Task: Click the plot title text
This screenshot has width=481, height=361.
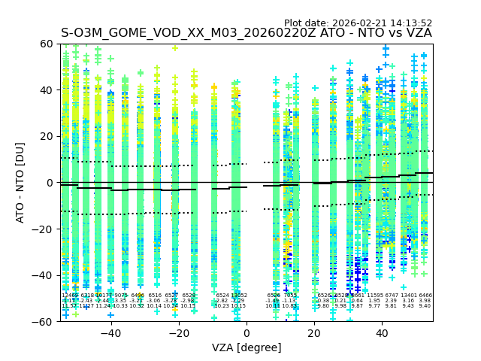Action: [247, 33]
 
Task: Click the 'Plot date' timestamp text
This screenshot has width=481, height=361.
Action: [358, 23]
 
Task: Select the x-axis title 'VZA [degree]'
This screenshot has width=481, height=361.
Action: [247, 347]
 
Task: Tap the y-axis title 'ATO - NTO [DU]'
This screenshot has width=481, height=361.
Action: [20, 182]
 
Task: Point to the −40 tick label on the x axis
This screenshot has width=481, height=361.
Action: [110, 333]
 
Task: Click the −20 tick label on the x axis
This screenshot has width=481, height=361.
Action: [178, 333]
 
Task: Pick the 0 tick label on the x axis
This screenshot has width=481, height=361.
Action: [247, 333]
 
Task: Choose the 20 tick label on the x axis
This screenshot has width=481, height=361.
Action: [314, 333]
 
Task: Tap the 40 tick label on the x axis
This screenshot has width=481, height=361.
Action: [382, 333]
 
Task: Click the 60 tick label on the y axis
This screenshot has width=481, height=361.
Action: [47, 44]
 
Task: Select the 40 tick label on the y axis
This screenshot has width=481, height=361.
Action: [47, 90]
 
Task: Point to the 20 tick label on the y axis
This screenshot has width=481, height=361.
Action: [47, 136]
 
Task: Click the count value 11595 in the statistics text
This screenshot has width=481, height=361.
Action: [374, 296]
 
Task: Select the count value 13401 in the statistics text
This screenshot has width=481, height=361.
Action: [408, 296]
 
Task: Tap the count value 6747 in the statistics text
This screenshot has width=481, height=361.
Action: [392, 296]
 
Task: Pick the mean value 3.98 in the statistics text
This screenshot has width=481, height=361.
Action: [425, 301]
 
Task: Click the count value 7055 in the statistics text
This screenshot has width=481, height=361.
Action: [289, 296]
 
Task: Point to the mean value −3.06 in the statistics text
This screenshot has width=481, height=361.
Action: [154, 301]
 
